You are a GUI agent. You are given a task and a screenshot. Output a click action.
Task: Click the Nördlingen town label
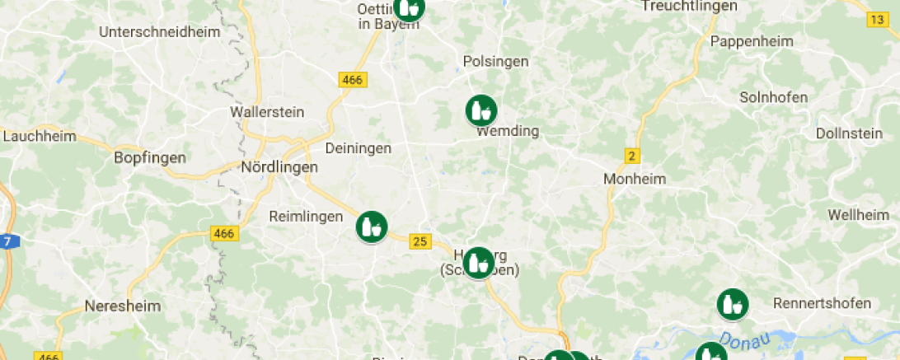[279, 166]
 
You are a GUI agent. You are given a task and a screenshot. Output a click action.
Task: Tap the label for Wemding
[508, 131]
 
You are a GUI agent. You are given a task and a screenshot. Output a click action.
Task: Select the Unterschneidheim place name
[159, 32]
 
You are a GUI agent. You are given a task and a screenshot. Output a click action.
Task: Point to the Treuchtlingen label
[689, 6]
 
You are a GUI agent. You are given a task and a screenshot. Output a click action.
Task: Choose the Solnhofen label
[773, 97]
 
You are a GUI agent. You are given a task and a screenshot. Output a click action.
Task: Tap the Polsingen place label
[495, 62]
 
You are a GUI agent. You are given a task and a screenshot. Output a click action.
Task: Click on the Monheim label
[634, 178]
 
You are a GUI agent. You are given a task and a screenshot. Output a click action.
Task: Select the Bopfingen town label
[150, 157]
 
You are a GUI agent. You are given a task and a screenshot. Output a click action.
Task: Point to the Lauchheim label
[40, 137]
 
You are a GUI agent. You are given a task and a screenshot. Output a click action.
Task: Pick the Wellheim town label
[860, 215]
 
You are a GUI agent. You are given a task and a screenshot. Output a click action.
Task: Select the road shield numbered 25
[420, 241]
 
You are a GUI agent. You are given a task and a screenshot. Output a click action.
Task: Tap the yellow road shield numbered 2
[632, 156]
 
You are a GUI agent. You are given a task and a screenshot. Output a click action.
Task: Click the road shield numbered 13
[877, 19]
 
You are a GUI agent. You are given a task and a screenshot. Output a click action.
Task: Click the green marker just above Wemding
[481, 110]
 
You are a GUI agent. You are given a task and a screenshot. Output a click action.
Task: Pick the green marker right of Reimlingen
[372, 227]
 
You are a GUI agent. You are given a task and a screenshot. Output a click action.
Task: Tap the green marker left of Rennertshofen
[732, 304]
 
